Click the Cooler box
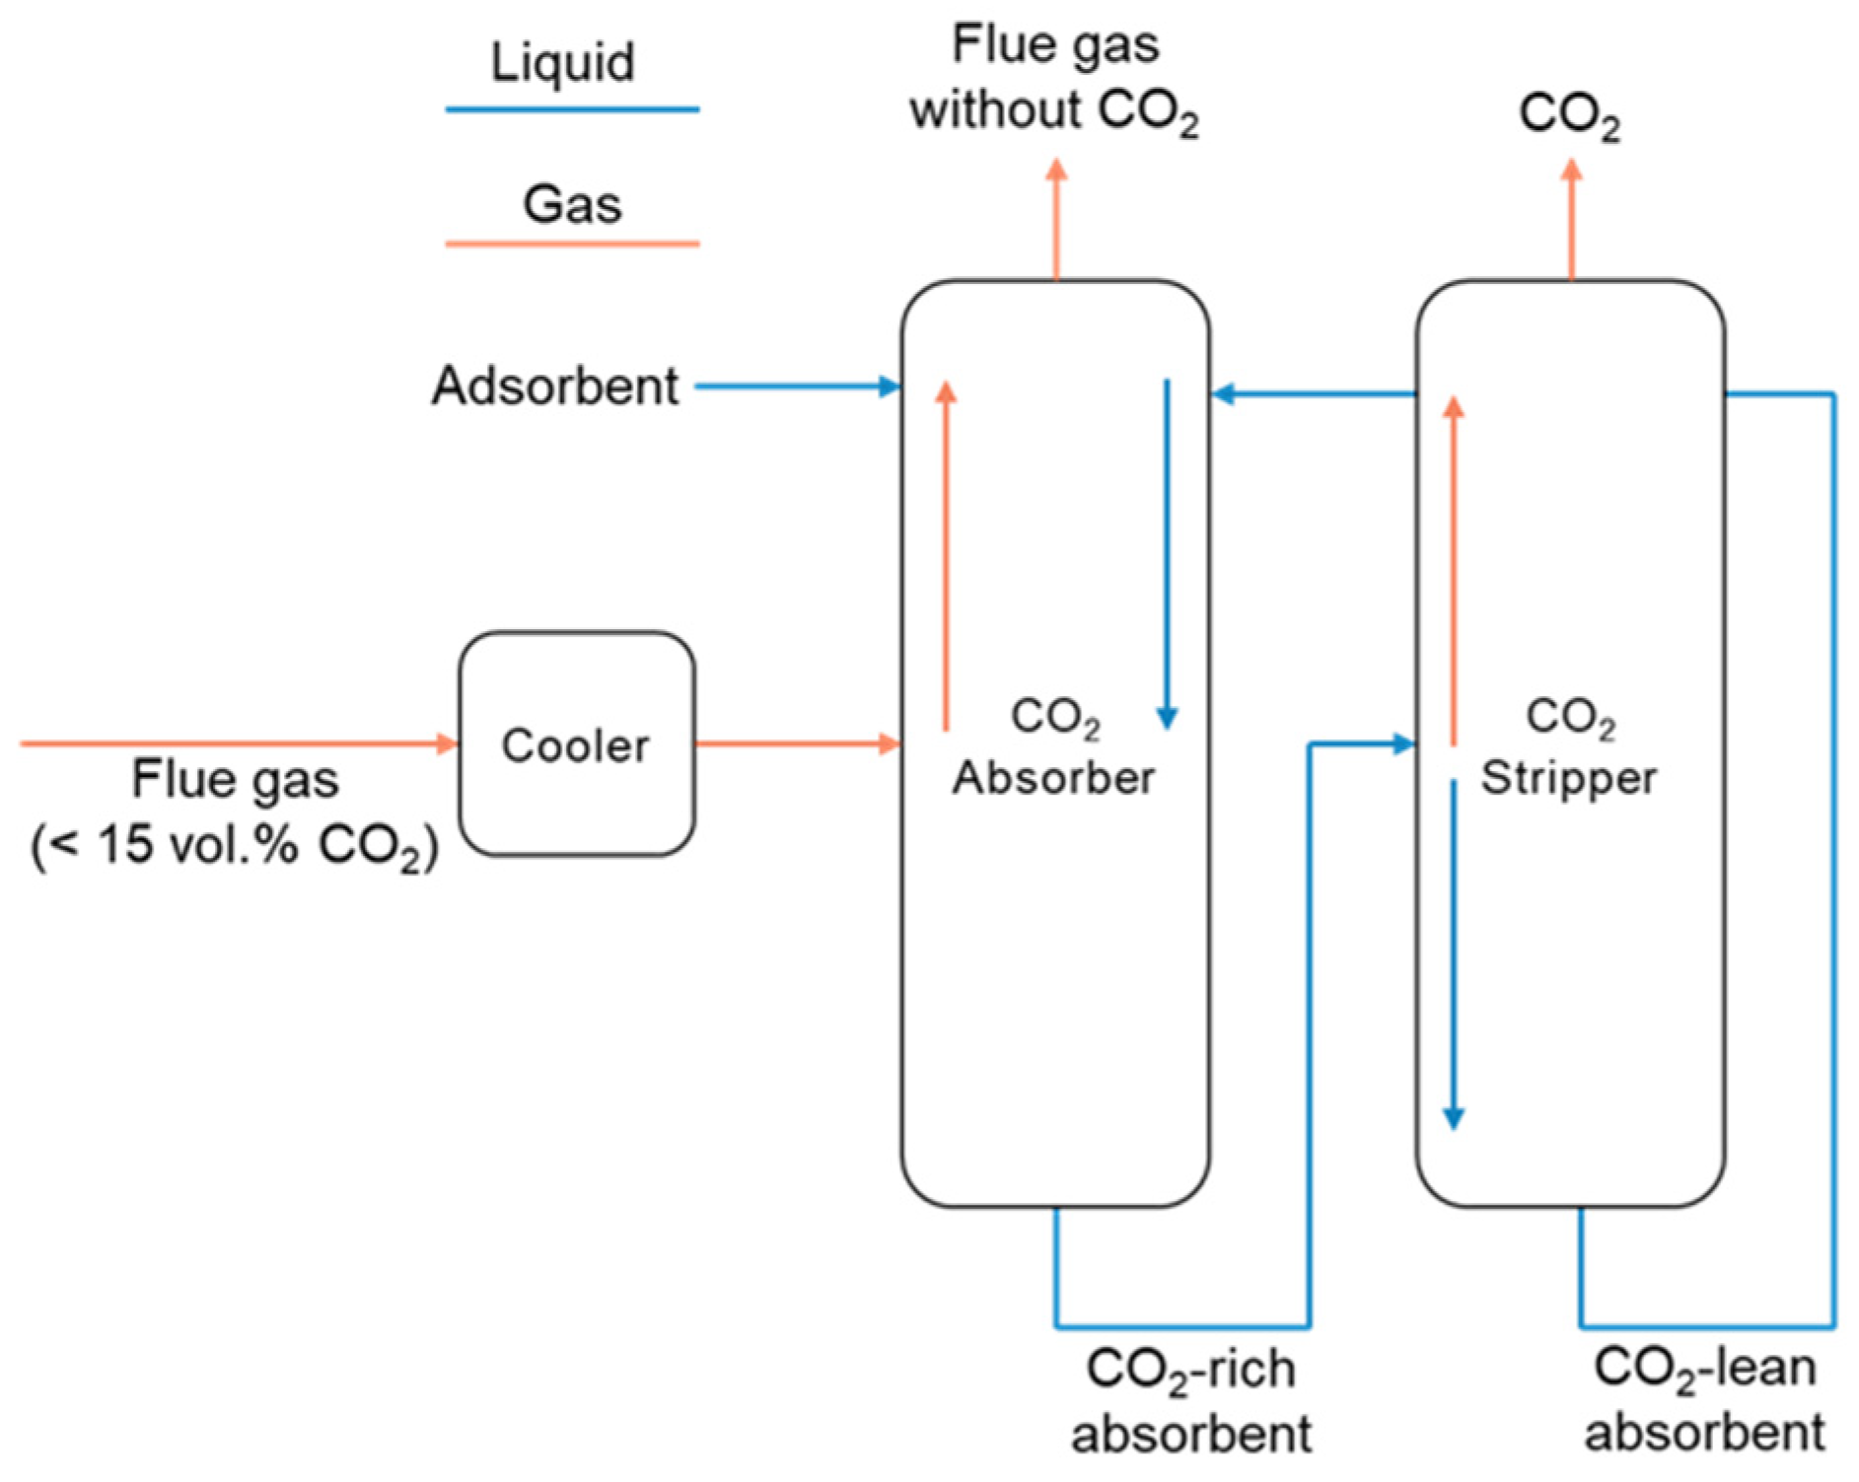[576, 744]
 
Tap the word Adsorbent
[555, 386]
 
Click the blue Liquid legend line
[572, 109]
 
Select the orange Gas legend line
[572, 243]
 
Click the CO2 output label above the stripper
[1569, 115]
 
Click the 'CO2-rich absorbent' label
[1191, 1400]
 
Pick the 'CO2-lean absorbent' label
[1704, 1400]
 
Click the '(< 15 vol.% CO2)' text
[235, 846]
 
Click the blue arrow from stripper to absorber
[1312, 394]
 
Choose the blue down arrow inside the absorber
[1167, 552]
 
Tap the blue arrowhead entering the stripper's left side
[1404, 744]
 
